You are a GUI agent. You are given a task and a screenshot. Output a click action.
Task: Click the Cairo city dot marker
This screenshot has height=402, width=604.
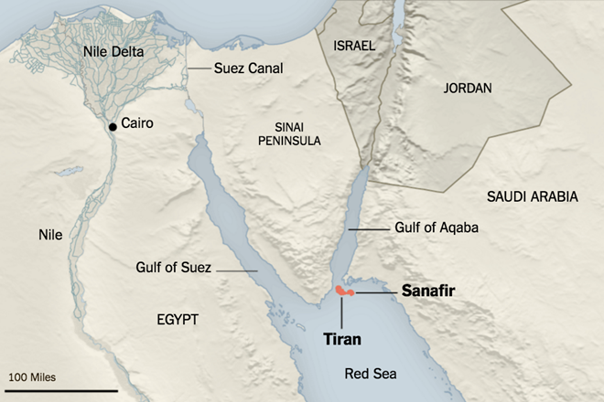click(113, 126)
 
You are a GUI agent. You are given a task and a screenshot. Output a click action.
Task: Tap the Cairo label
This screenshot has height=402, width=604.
click(136, 123)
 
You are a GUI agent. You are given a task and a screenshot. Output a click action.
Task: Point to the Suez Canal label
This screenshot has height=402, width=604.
click(248, 68)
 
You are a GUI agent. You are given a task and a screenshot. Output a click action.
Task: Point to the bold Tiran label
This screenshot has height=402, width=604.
click(342, 339)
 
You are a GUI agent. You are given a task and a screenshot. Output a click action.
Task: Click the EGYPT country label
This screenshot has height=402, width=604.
click(173, 318)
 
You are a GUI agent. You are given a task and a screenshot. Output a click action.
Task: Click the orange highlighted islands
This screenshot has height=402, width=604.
click(344, 291)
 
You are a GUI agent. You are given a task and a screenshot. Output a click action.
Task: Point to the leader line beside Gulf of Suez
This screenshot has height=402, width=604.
click(236, 270)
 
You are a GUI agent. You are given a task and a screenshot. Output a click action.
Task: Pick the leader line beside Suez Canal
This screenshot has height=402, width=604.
click(199, 69)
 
